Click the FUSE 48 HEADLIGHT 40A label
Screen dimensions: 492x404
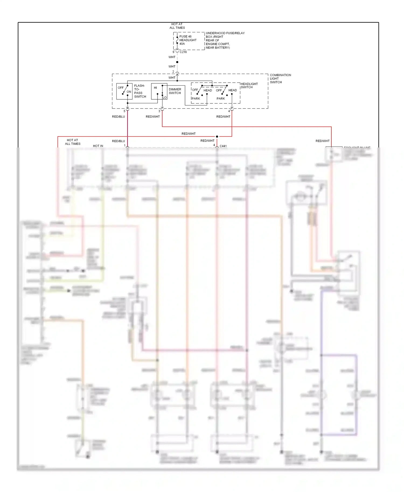click(188, 40)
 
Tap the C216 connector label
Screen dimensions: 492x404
click(183, 52)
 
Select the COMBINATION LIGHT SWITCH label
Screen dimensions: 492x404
click(280, 79)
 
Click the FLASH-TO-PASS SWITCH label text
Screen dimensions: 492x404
click(140, 91)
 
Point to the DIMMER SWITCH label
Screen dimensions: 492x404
click(175, 91)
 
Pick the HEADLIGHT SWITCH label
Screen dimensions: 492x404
click(249, 86)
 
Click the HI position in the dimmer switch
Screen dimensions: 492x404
click(155, 88)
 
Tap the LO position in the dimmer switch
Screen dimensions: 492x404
click(165, 97)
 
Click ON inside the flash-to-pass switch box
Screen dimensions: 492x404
click(129, 92)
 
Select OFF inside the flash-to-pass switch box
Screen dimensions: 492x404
click(121, 88)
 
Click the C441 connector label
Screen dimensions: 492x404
click(223, 146)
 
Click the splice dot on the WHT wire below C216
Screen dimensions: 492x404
click(177, 62)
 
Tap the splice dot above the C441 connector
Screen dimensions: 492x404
click(217, 137)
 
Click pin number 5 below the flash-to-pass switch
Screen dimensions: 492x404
click(124, 111)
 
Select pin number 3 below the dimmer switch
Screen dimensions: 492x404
click(159, 111)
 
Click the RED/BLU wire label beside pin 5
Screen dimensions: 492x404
click(119, 117)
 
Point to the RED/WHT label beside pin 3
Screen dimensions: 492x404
click(153, 117)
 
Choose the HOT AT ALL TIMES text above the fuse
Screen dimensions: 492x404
click(177, 26)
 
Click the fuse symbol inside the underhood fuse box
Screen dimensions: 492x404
click(177, 40)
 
